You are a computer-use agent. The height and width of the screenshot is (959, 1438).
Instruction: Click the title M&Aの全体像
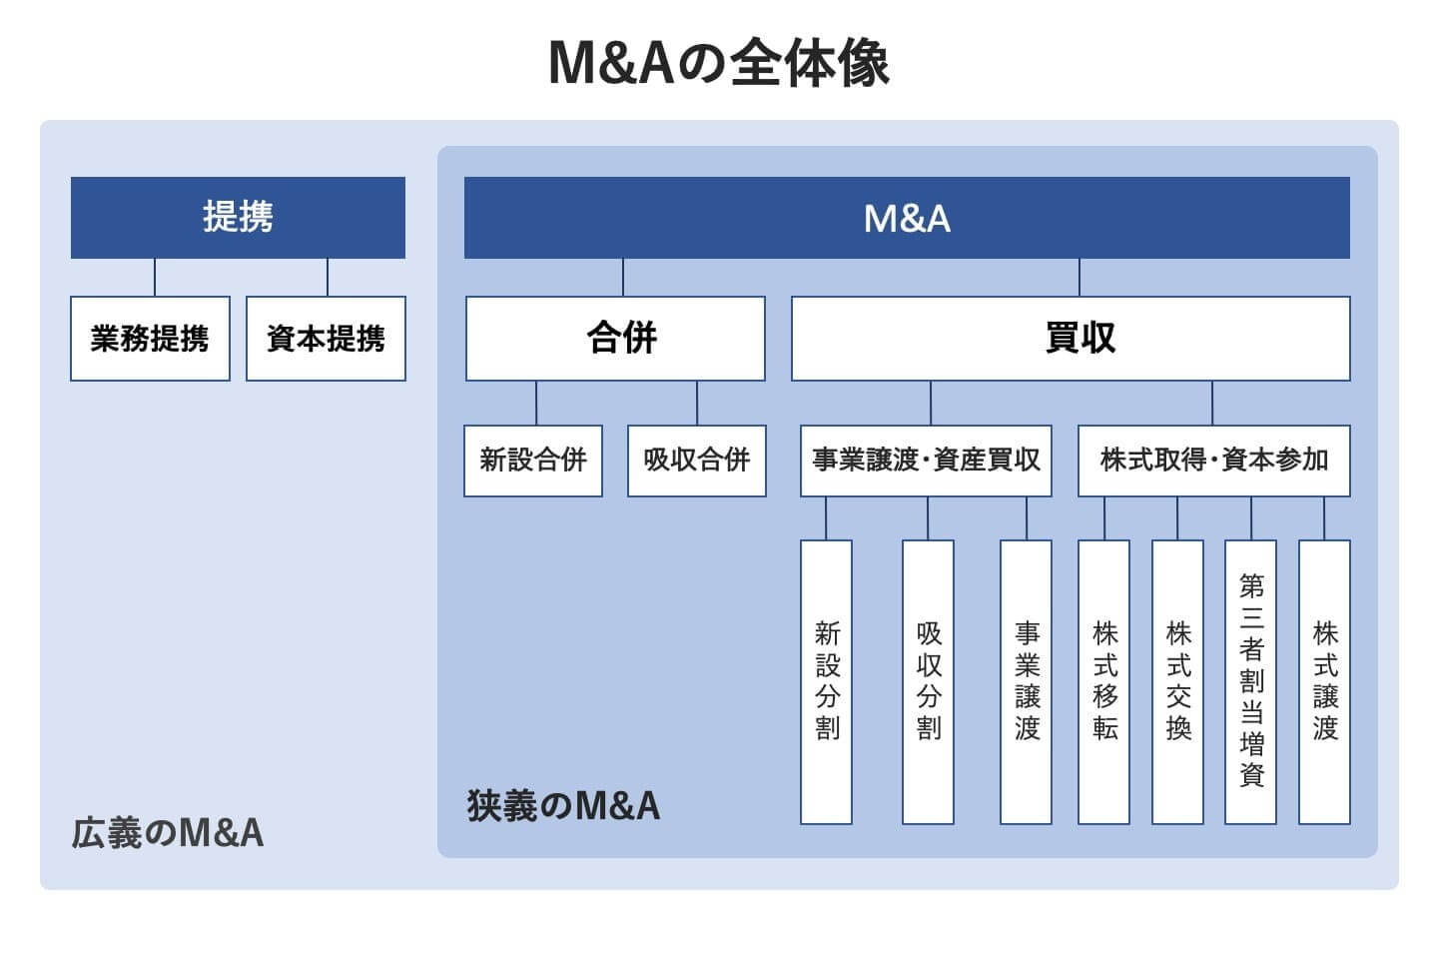[719, 62]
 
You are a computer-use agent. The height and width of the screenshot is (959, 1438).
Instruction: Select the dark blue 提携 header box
[238, 217]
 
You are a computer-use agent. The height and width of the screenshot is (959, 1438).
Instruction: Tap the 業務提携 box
[150, 339]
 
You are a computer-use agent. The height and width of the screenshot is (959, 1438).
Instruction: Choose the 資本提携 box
[326, 339]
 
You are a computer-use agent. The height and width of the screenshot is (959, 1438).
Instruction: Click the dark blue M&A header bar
[907, 218]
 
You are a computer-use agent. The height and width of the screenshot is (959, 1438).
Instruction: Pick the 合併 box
[615, 338]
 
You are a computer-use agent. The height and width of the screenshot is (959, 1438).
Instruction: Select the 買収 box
[1071, 338]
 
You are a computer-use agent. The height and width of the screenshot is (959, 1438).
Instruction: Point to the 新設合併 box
[533, 461]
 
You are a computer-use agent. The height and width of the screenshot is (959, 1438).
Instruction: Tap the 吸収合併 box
[696, 461]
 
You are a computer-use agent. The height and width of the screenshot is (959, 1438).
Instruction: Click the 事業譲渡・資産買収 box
[926, 461]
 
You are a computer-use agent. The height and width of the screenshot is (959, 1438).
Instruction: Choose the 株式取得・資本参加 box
[1213, 461]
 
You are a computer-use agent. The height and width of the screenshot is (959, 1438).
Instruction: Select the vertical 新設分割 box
[827, 681]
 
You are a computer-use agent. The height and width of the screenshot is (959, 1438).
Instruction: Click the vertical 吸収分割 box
[928, 681]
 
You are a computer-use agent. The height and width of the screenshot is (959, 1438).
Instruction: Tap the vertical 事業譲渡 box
[1027, 681]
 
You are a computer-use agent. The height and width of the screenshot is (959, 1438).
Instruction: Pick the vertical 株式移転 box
[1104, 681]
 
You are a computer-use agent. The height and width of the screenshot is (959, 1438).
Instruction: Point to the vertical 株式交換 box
[1177, 681]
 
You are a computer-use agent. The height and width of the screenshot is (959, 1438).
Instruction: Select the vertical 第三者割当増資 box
[1251, 681]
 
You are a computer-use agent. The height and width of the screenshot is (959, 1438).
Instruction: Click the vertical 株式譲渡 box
[1324, 681]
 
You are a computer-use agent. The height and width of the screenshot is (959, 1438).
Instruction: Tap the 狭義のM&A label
[563, 805]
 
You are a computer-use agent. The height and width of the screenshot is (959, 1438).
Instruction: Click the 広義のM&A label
[168, 832]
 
